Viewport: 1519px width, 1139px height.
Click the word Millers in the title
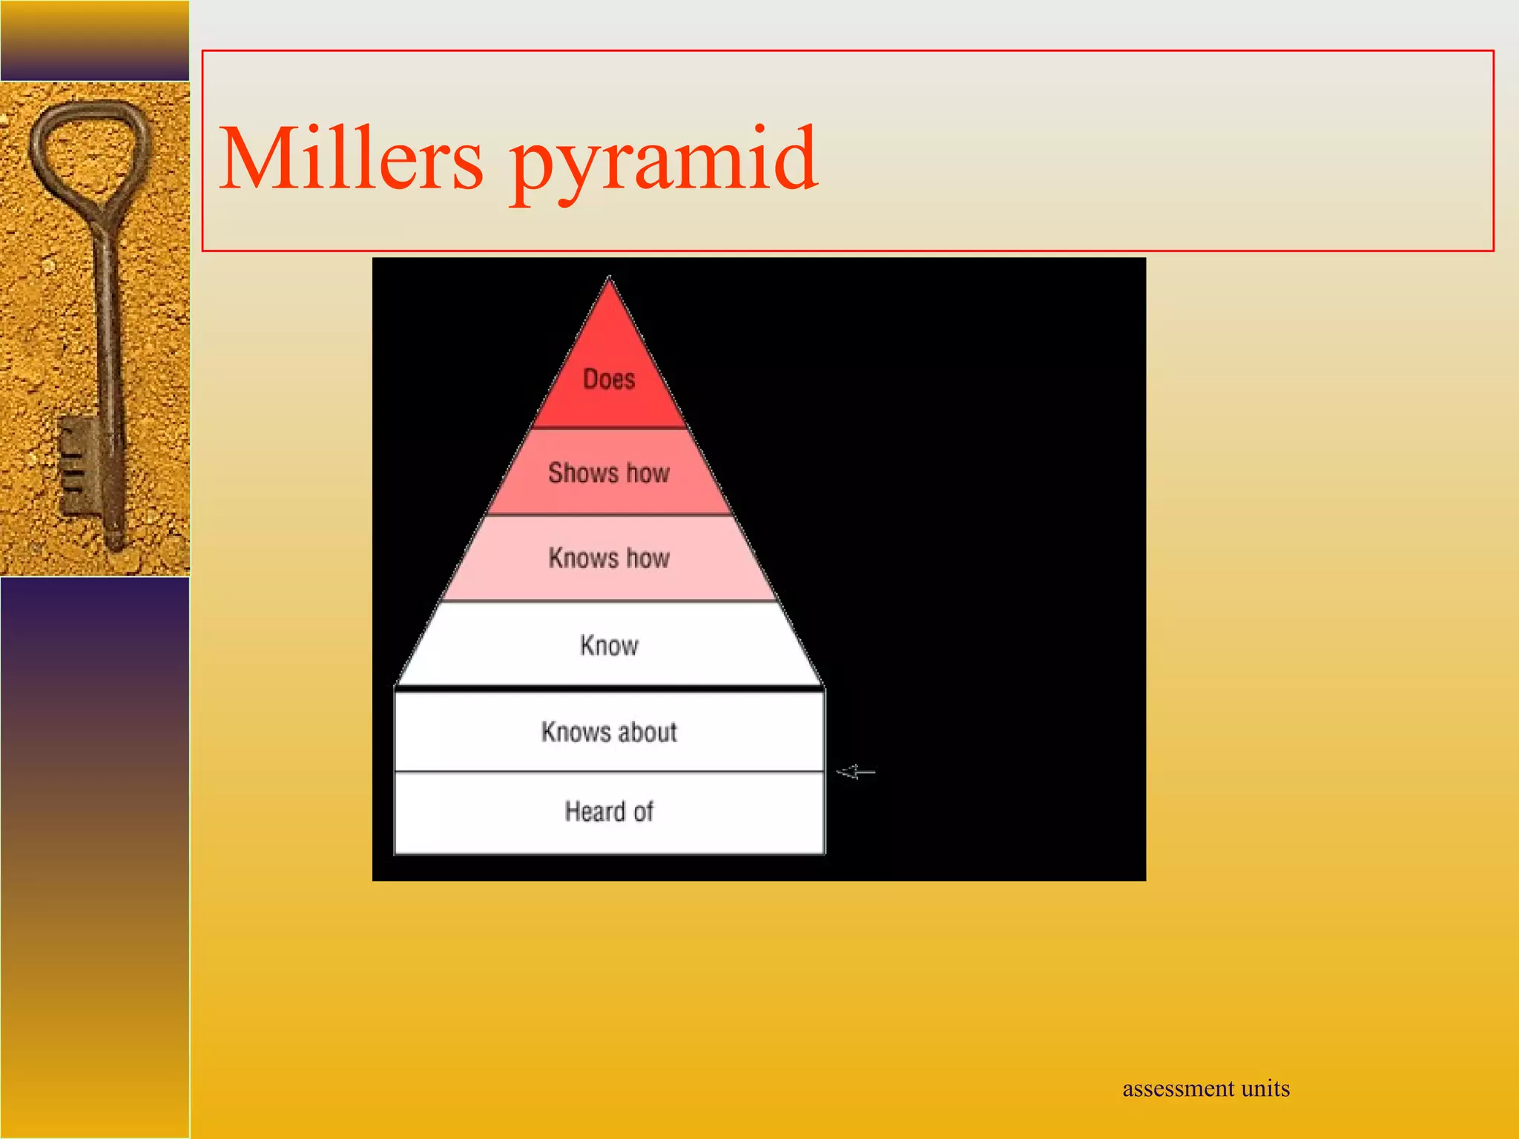point(351,159)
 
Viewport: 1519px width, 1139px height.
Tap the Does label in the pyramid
point(609,380)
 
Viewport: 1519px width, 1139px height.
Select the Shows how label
point(609,473)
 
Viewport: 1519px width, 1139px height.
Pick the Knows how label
point(609,558)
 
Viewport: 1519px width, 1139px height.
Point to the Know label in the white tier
point(609,646)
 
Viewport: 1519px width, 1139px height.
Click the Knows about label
point(609,733)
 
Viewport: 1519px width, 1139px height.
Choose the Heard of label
point(609,812)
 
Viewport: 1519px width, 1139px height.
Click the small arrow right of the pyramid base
point(856,773)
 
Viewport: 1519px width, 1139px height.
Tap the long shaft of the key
point(108,334)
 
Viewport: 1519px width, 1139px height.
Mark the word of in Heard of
point(643,812)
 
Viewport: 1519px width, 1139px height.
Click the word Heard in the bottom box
point(595,812)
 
